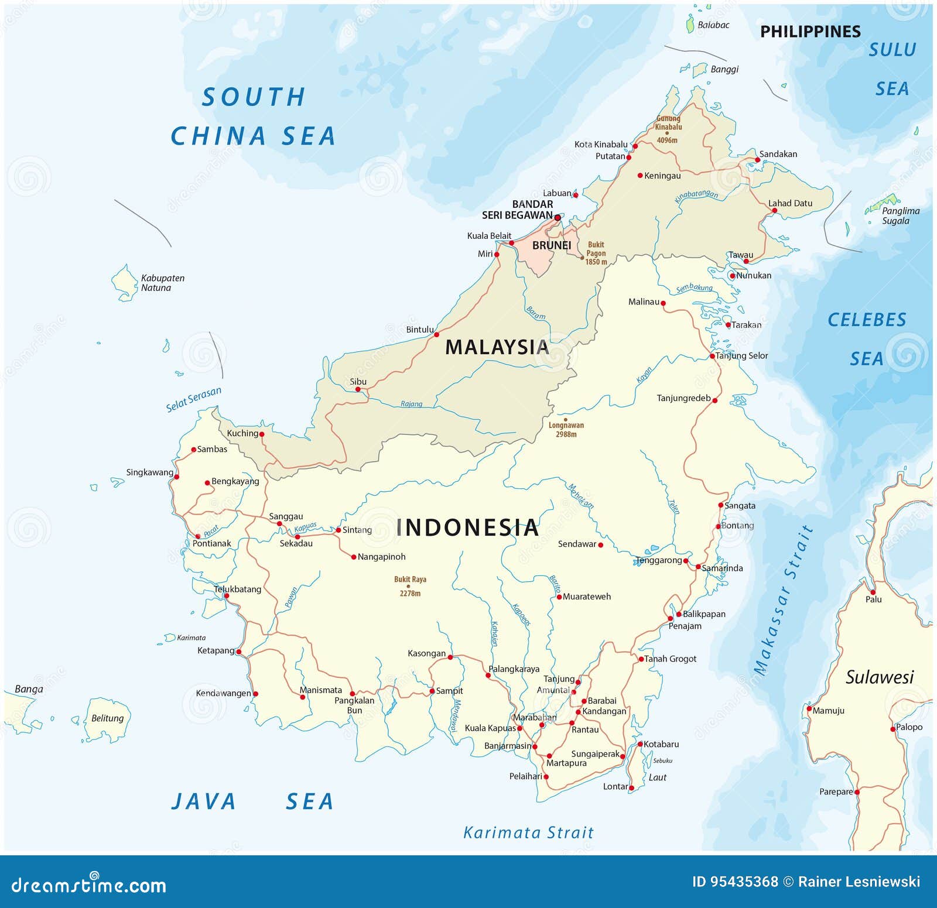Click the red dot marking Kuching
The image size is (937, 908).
[262, 434]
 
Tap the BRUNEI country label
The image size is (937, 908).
[551, 245]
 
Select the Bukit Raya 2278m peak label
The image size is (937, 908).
[410, 586]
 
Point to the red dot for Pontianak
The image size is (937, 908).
[197, 536]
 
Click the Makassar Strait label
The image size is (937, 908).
[784, 600]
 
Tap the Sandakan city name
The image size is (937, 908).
[778, 154]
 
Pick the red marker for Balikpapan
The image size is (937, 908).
[679, 614]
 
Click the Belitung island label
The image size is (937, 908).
[107, 718]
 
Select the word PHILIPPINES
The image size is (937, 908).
[810, 32]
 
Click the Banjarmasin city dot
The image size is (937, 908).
[535, 746]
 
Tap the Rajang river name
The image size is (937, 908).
[411, 404]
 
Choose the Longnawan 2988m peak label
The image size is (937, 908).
[566, 430]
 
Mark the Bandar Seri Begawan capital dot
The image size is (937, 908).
[558, 217]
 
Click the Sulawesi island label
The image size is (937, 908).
[879, 677]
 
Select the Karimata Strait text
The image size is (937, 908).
[528, 832]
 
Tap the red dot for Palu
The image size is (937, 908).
[873, 592]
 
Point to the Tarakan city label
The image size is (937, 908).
[746, 325]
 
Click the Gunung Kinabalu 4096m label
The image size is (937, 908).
[668, 129]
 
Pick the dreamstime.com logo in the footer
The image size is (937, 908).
[89, 885]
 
